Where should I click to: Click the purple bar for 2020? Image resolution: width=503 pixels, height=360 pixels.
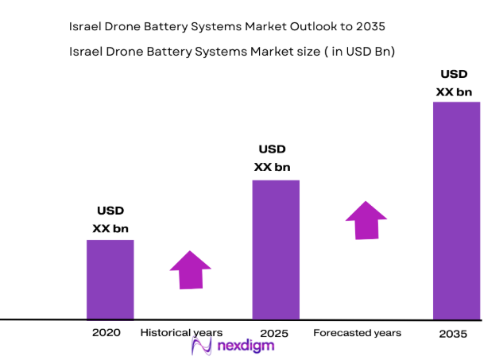pos(110,279)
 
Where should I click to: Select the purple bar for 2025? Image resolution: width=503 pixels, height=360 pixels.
pos(276,249)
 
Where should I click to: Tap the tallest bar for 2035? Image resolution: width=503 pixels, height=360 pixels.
pos(456,210)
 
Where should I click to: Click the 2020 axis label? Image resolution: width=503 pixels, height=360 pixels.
pos(106,332)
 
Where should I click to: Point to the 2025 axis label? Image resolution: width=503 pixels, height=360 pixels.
pos(274,333)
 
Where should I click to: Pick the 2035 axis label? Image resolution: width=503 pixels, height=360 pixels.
pos(455,334)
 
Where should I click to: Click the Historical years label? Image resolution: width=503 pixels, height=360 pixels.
pos(182,332)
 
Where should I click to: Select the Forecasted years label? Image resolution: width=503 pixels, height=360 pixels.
pos(357,332)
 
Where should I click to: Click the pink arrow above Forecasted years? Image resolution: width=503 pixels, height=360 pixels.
pos(365,219)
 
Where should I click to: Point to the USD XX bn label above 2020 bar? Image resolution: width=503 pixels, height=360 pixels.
pos(110,220)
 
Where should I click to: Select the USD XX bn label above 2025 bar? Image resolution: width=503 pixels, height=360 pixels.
pos(272,158)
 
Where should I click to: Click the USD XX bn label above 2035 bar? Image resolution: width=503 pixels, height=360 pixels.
pos(454,83)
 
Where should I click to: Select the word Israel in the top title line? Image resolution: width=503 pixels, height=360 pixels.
pos(87,26)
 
